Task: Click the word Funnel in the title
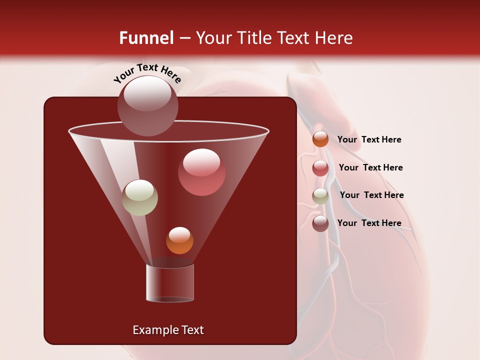[x=146, y=38]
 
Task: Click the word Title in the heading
[x=252, y=38]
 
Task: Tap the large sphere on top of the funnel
[x=147, y=105]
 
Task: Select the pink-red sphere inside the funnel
[x=201, y=172]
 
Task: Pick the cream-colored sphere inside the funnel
[x=139, y=197]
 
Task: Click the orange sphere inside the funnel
[x=179, y=240]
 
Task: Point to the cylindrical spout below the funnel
[x=169, y=283]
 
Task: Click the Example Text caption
[x=168, y=330]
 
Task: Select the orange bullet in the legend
[x=320, y=139]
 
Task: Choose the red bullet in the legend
[x=320, y=168]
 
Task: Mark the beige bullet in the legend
[x=320, y=195]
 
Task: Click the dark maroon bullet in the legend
[x=320, y=223]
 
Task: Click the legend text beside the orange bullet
[x=369, y=139]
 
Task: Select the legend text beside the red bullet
[x=370, y=167]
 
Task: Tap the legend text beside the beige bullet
[x=371, y=195]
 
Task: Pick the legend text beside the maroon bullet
[x=369, y=223]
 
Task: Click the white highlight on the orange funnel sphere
[x=179, y=234]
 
